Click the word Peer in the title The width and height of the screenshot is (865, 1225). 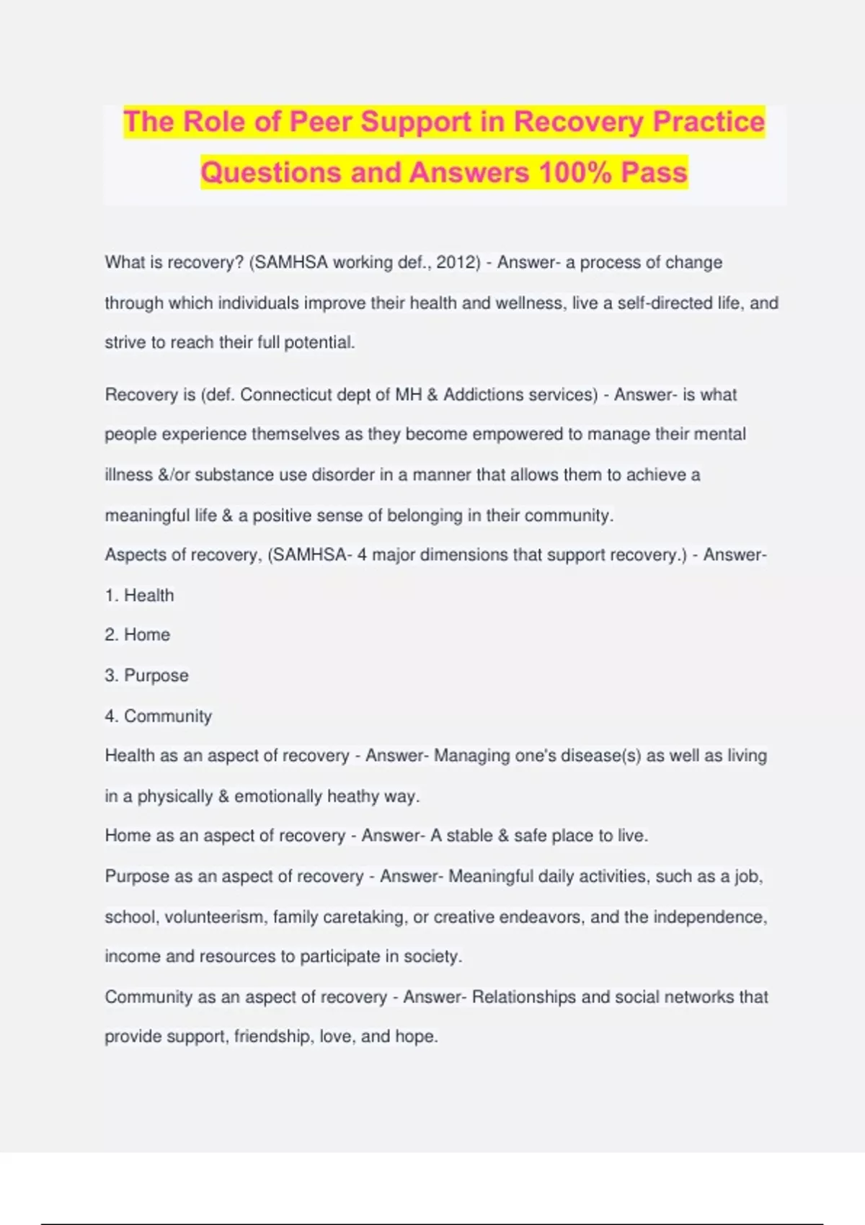[x=320, y=122]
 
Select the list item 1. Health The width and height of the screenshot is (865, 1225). [x=139, y=595]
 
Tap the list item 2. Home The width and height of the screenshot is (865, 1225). [x=138, y=635]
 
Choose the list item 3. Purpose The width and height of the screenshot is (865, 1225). [x=146, y=676]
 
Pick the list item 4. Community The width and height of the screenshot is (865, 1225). [x=158, y=716]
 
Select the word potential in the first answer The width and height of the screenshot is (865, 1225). [x=319, y=343]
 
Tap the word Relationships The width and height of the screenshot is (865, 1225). [x=524, y=997]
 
